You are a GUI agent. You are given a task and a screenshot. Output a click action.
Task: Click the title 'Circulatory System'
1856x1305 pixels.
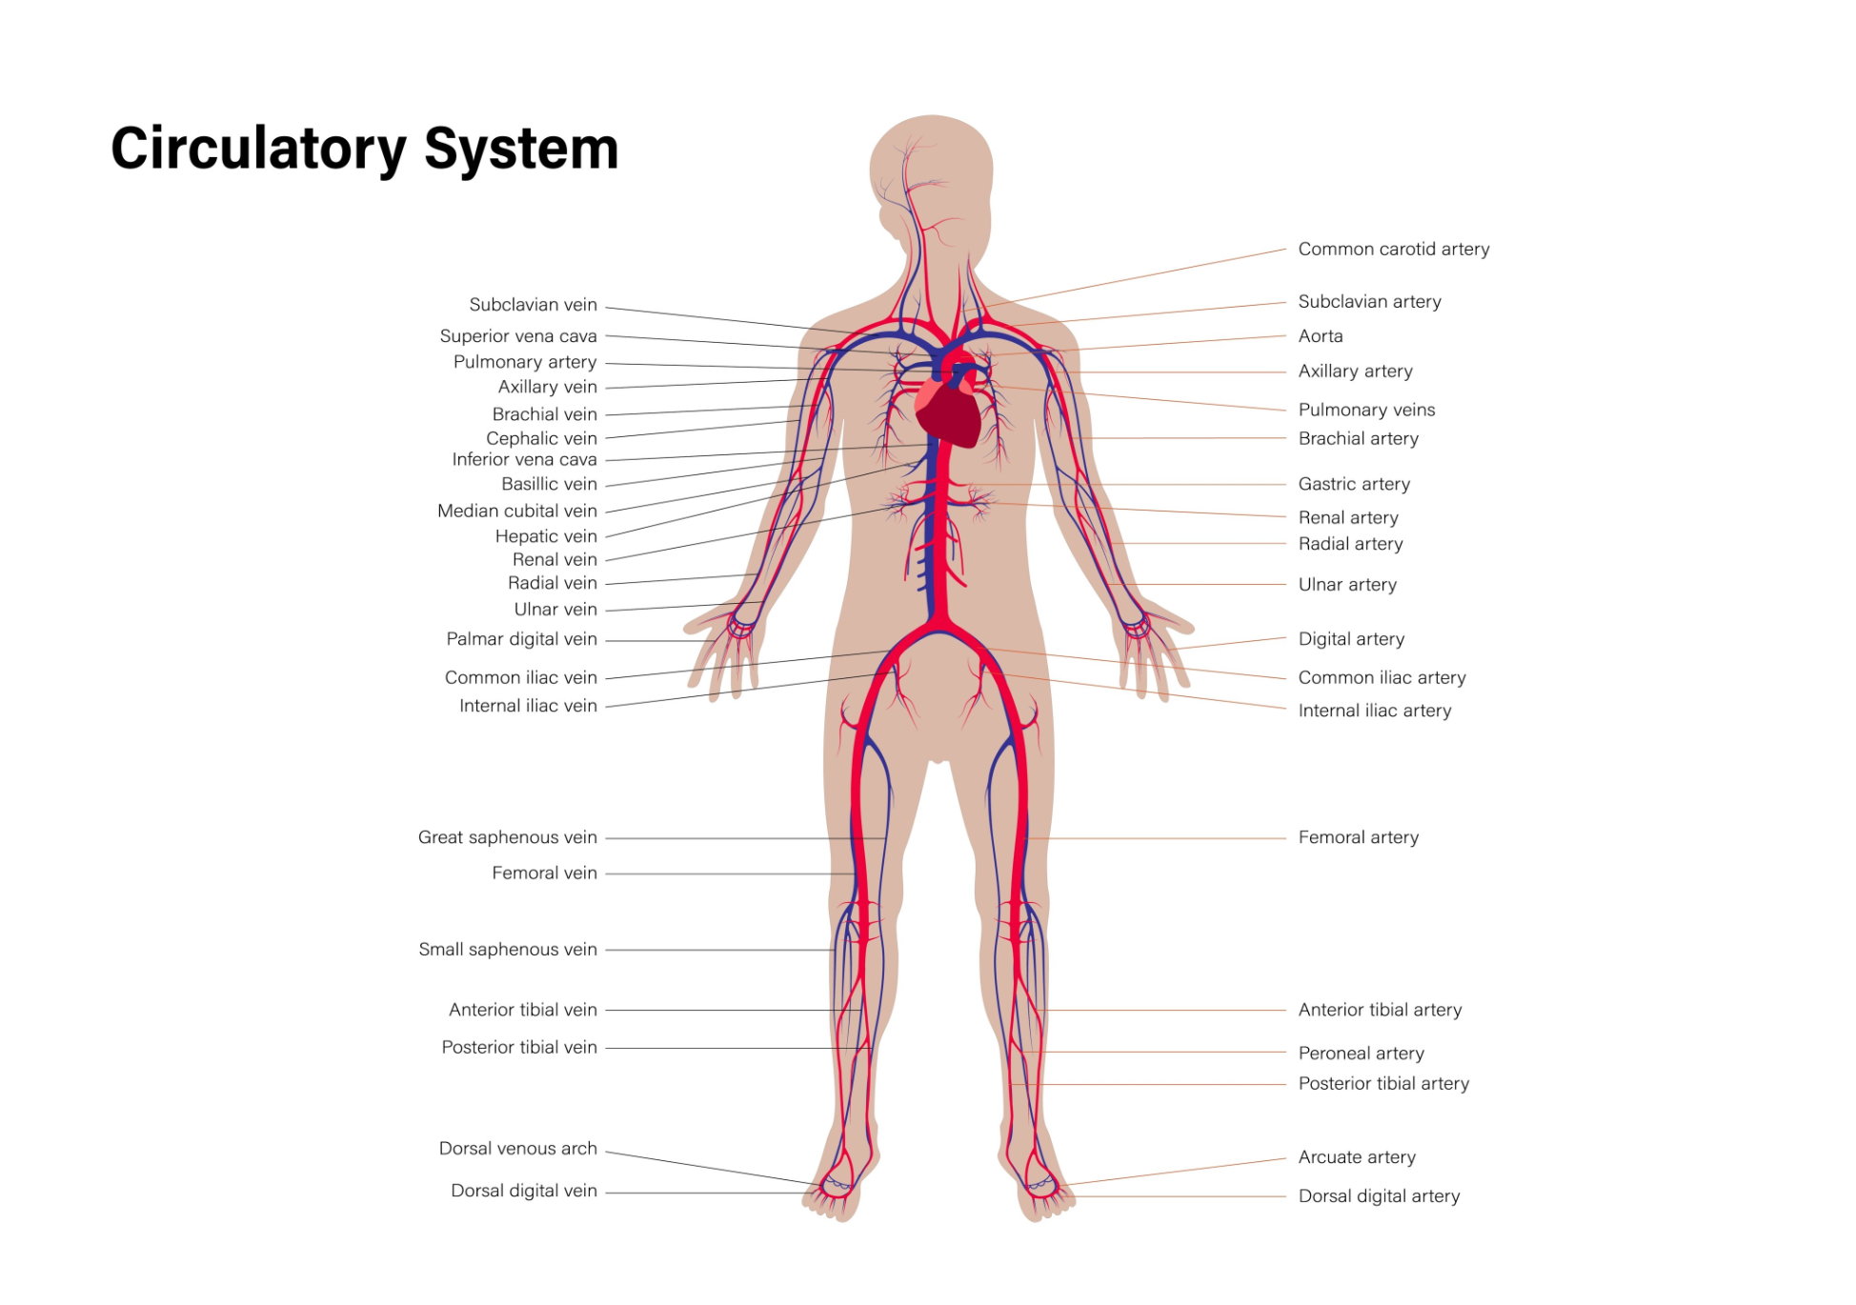pos(365,150)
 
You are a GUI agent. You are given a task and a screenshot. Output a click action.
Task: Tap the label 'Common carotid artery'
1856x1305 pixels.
pos(1393,250)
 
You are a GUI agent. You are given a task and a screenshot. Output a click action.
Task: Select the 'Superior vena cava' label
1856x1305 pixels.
pos(518,336)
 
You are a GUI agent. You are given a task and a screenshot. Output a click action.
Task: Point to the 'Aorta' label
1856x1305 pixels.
pos(1320,336)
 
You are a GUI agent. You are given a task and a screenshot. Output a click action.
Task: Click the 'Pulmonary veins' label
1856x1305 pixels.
pos(1365,410)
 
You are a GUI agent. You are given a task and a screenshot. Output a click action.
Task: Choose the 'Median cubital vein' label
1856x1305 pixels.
pos(516,512)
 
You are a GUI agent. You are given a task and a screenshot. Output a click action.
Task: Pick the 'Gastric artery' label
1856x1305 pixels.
pos(1353,484)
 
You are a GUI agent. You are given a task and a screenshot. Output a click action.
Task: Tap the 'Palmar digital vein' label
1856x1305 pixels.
pos(521,639)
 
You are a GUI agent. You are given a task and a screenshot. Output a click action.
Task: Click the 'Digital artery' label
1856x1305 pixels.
pos(1350,639)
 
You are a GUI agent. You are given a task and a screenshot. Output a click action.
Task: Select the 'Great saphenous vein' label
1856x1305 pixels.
pos(507,837)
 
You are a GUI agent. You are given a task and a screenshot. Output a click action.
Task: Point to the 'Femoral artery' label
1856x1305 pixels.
pos(1358,837)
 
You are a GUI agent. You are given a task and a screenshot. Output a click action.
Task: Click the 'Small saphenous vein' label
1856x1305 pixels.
pos(507,950)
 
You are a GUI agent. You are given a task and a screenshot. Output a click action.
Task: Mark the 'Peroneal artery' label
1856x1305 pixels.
pos(1361,1054)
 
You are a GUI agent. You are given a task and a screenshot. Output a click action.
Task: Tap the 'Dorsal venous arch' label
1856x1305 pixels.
pos(517,1149)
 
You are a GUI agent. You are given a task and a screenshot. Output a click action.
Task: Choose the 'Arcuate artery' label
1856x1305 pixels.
pos(1356,1157)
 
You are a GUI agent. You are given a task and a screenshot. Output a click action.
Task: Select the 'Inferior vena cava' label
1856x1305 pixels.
pos(524,460)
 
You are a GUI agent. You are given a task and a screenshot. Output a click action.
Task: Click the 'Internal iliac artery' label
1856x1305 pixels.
pos(1374,711)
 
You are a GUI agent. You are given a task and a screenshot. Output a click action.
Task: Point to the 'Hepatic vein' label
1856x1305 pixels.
pos(545,536)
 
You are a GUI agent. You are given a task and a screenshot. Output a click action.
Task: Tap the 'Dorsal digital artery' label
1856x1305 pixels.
pos(1378,1196)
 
